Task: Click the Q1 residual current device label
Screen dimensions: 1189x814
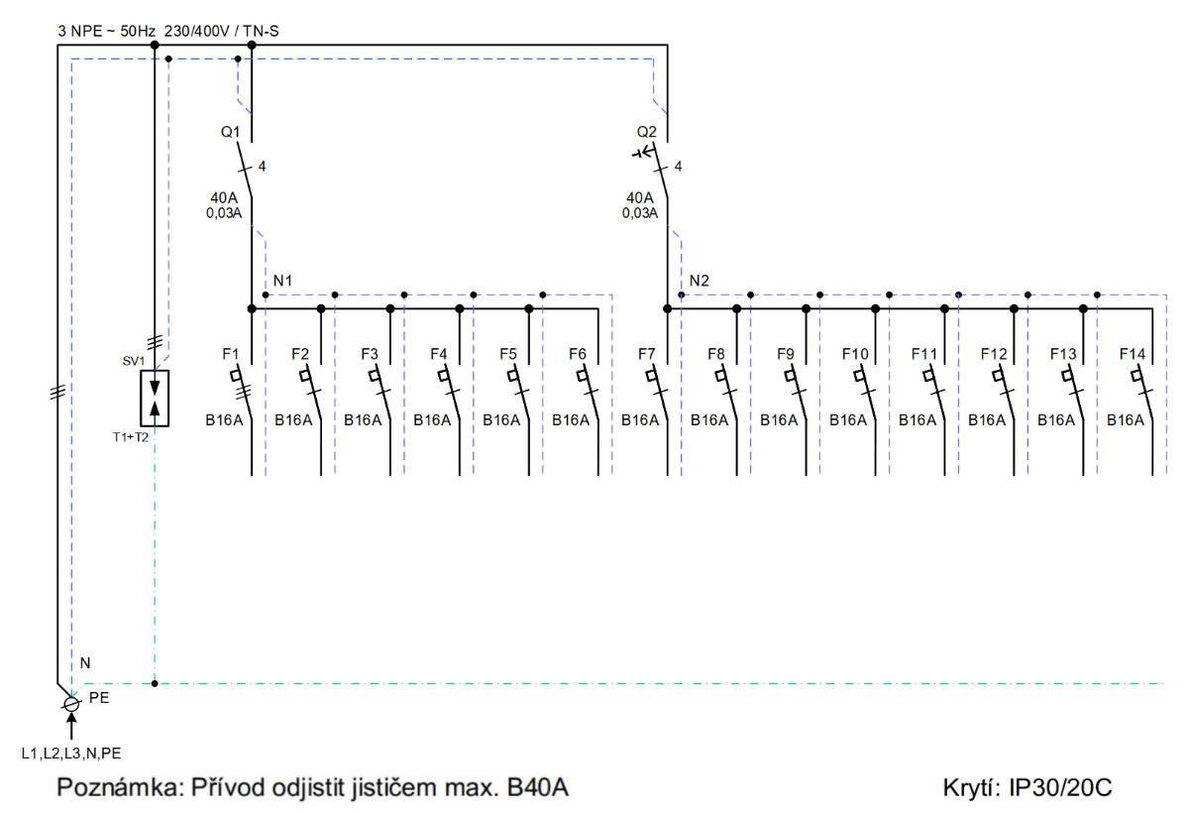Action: pyautogui.click(x=230, y=132)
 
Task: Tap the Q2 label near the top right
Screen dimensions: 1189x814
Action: pyautogui.click(x=646, y=132)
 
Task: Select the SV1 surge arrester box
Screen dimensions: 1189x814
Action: pyautogui.click(x=155, y=399)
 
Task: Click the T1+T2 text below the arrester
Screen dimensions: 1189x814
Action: pyautogui.click(x=131, y=437)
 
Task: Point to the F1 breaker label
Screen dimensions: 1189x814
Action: pyautogui.click(x=230, y=354)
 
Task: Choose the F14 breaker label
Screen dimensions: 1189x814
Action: pyautogui.click(x=1133, y=354)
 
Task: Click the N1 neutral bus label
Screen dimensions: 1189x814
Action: pyautogui.click(x=282, y=281)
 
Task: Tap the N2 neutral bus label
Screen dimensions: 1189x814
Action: pyautogui.click(x=700, y=281)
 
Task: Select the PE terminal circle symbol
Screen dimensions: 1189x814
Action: pyautogui.click(x=71, y=704)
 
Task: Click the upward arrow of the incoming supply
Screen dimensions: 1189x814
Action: pyautogui.click(x=71, y=726)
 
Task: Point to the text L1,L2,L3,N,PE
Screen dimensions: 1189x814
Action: pyautogui.click(x=71, y=753)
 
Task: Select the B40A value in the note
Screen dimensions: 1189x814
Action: pyautogui.click(x=538, y=787)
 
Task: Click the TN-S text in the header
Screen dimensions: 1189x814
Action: pyautogui.click(x=261, y=31)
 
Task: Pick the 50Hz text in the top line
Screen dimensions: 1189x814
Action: pyautogui.click(x=138, y=31)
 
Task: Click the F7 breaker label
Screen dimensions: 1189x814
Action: pyautogui.click(x=646, y=354)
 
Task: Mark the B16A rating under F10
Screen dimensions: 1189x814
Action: pyautogui.click(x=848, y=420)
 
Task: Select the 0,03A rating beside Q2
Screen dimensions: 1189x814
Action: pyautogui.click(x=640, y=213)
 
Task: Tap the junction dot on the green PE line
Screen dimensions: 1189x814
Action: pyautogui.click(x=155, y=683)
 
